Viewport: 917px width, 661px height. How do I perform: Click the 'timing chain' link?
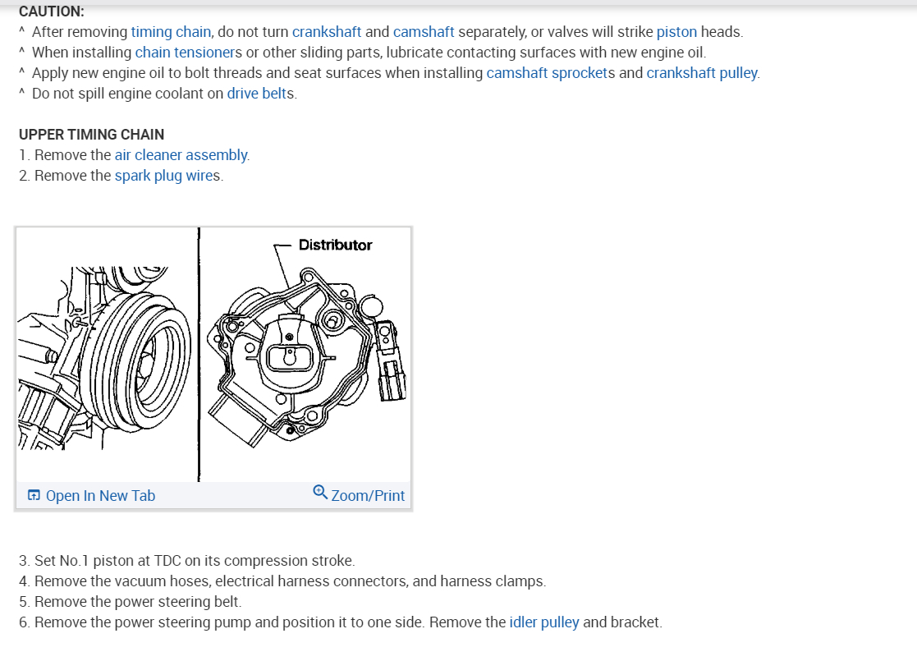coord(171,32)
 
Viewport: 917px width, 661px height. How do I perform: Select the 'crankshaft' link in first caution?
coord(327,32)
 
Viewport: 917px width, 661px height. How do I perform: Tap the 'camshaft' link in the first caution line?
coord(424,32)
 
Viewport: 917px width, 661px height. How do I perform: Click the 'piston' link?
coord(676,32)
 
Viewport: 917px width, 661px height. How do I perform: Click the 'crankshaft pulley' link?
coord(702,73)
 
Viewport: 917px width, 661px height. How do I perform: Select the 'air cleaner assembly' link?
coord(181,155)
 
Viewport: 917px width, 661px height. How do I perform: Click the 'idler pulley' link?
coord(544,622)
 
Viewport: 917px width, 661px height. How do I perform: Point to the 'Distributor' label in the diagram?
coord(335,245)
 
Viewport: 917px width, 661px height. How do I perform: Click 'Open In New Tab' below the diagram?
coord(100,495)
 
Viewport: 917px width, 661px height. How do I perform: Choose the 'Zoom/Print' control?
coord(368,495)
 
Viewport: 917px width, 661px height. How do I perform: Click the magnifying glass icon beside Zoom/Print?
coord(320,492)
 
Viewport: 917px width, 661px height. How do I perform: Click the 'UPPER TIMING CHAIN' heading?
coord(91,135)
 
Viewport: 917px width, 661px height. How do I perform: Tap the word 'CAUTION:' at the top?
coord(51,11)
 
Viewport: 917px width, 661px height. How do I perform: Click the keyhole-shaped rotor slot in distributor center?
coord(287,356)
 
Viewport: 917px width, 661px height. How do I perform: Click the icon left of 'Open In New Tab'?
coord(34,495)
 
